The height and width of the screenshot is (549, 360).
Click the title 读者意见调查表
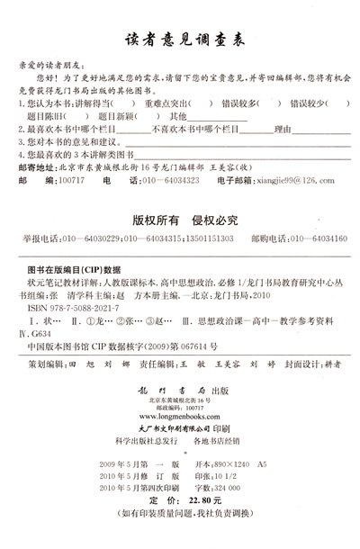click(x=179, y=42)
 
